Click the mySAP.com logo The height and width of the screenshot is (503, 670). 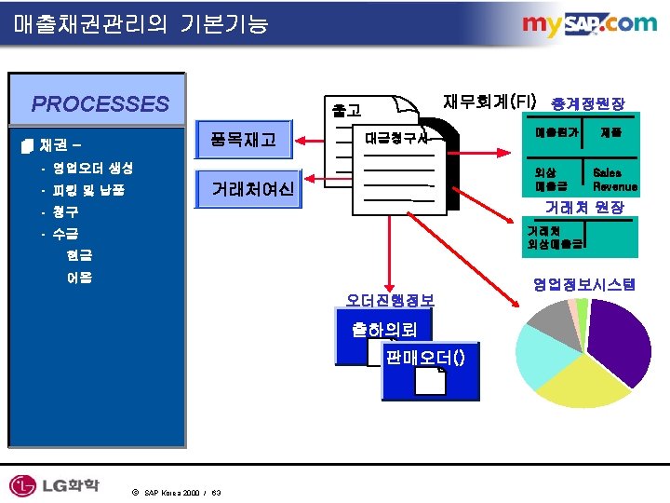588,23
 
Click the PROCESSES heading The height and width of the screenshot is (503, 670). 100,103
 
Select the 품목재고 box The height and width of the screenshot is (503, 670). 244,141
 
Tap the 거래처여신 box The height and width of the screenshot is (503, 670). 252,190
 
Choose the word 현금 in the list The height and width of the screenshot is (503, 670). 79,254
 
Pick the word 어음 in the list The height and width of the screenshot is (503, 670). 79,277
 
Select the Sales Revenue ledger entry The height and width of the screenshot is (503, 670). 615,180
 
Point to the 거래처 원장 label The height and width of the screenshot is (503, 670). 584,206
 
